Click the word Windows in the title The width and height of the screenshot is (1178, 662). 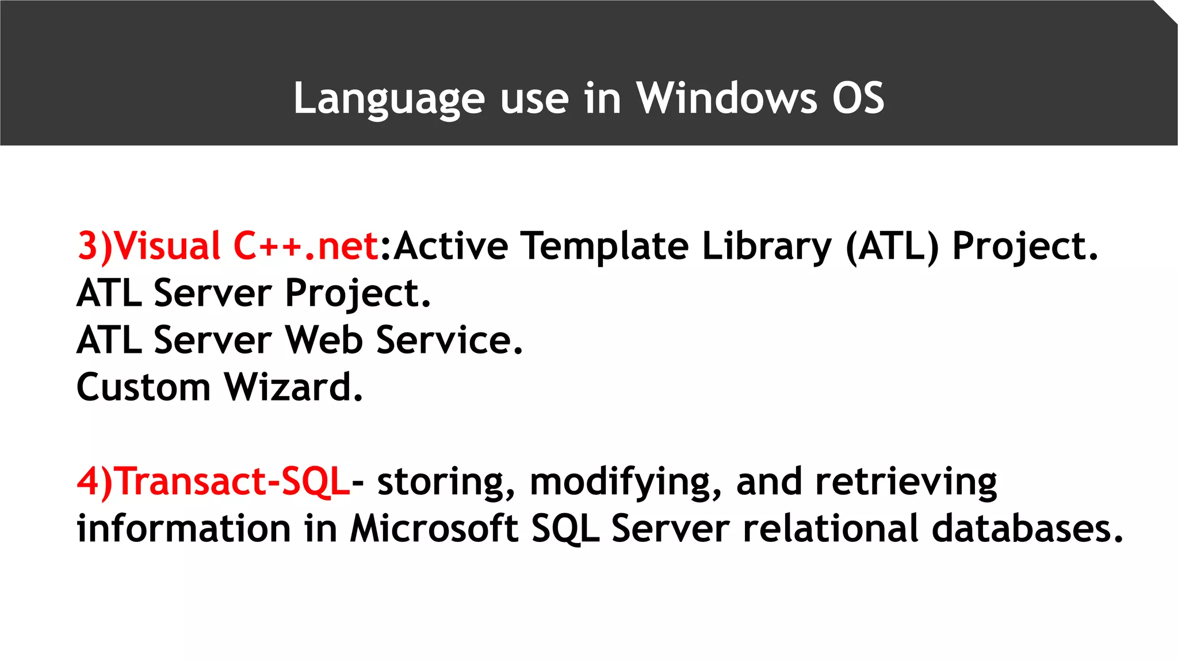(x=726, y=98)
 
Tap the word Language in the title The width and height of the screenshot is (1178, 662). (x=389, y=98)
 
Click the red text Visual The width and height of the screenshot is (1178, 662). (x=167, y=246)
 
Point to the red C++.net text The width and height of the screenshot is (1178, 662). (x=305, y=246)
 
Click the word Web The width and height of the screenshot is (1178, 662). (x=324, y=340)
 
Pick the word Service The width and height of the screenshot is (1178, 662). (x=449, y=340)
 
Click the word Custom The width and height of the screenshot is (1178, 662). (x=144, y=387)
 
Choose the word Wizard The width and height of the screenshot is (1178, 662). (x=293, y=387)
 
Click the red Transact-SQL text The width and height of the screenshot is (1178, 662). (x=232, y=482)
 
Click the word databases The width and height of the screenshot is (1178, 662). (x=1027, y=529)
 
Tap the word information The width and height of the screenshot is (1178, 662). (x=184, y=529)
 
